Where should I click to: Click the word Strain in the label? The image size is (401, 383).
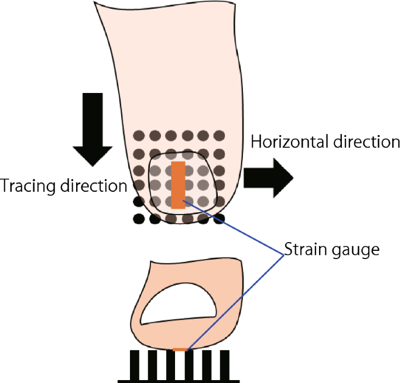[303, 250]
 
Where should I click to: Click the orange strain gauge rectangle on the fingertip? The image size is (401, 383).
[179, 185]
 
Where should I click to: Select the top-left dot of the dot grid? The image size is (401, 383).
[139, 135]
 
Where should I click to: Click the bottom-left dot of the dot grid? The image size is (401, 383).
[139, 219]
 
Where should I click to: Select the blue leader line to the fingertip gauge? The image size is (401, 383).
[234, 228]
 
